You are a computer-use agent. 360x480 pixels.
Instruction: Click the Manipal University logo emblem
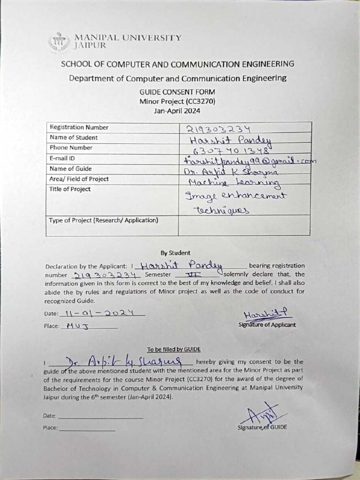[x=59, y=42]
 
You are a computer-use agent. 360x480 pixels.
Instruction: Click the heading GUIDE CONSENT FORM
[x=177, y=92]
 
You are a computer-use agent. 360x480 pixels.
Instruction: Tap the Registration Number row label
[x=79, y=127]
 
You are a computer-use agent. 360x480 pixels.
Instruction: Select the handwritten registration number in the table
[x=218, y=129]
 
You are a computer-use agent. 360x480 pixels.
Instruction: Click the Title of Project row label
[x=70, y=189]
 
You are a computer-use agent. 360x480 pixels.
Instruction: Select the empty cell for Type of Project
[x=244, y=225]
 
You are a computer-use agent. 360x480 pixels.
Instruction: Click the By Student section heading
[x=175, y=253]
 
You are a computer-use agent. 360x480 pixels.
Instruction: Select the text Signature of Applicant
[x=267, y=325]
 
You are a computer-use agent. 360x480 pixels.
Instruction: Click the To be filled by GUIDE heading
[x=173, y=349]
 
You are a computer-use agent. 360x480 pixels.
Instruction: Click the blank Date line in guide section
[x=100, y=415]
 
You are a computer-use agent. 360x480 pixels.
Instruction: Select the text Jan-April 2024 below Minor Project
[x=177, y=111]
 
